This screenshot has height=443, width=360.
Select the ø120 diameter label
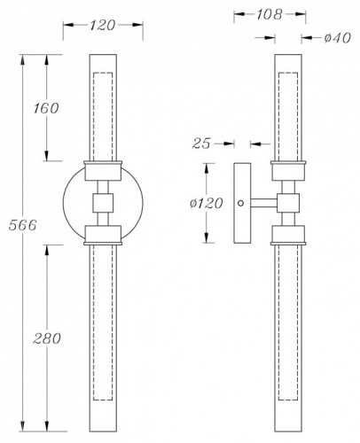(206, 204)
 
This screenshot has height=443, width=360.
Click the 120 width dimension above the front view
(103, 26)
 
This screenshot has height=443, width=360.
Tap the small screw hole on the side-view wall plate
(240, 204)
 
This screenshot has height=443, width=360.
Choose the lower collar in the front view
(103, 236)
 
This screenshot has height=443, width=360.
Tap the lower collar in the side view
(291, 234)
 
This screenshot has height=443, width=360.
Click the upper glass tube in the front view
(103, 106)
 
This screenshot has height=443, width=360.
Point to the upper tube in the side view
(291, 106)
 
